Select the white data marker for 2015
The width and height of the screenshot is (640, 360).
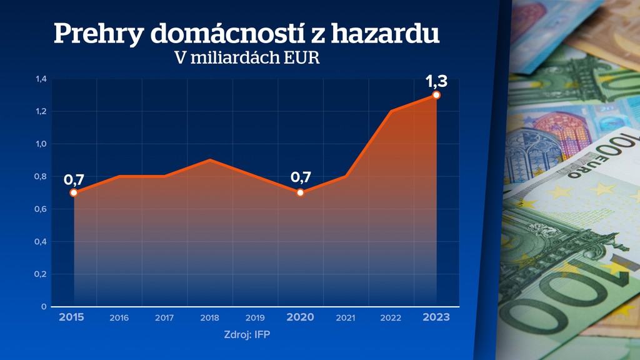coord(74,192)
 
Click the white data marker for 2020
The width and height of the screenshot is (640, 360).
coord(300,192)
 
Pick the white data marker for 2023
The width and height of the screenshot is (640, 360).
coord(436,95)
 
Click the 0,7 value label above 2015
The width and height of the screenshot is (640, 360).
coord(74,180)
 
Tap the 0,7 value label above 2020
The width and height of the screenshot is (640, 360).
coord(301,177)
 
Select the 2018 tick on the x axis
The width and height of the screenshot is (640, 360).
coord(209,318)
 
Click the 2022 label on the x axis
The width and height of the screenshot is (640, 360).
coord(391,318)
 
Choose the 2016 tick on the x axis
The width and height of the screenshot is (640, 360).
coord(119,318)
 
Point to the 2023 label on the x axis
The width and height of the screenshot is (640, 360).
coord(436,317)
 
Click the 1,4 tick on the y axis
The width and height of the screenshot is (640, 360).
coord(41,79)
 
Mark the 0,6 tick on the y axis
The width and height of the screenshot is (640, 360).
coord(41,209)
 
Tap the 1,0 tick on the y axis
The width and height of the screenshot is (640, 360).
coord(41,144)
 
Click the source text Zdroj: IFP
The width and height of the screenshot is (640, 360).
coord(247,335)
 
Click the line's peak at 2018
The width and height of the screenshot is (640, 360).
coord(209,160)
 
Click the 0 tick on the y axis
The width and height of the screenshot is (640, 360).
coord(44,306)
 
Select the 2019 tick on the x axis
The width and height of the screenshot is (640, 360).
coord(255,318)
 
